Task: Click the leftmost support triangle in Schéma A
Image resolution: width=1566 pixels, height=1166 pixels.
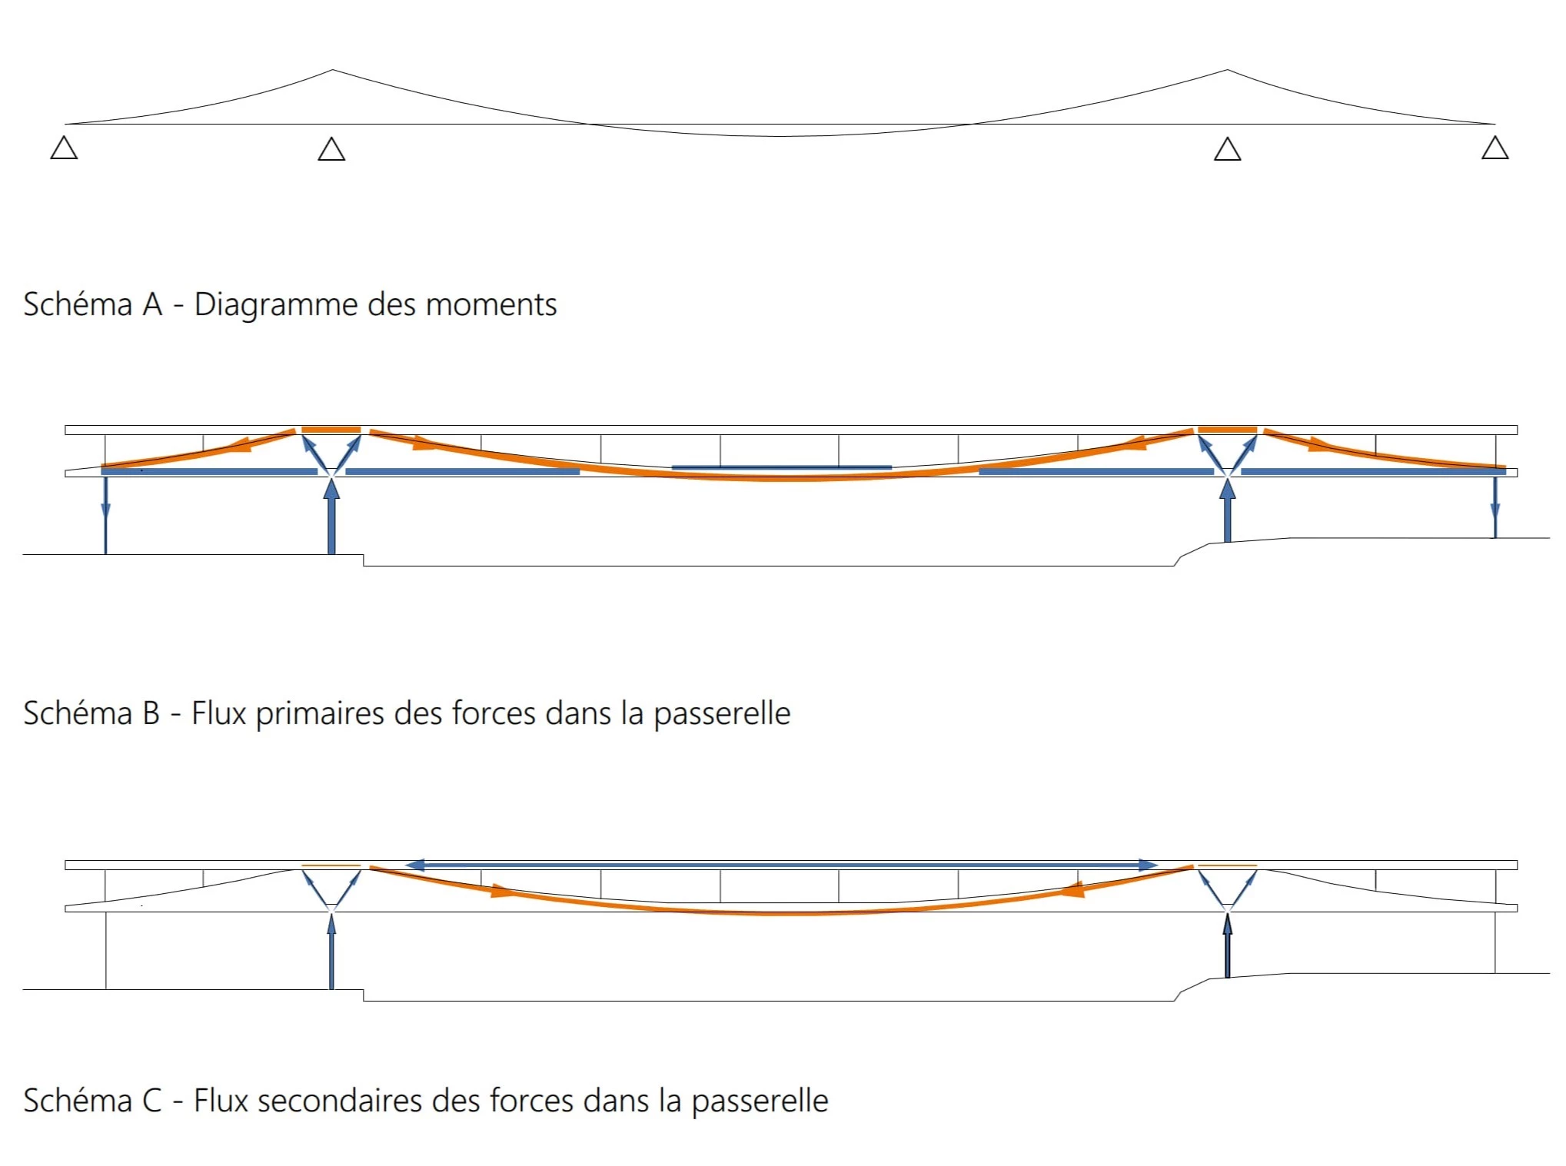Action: pyautogui.click(x=65, y=148)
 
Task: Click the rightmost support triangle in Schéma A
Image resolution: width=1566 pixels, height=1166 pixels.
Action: pyautogui.click(x=1495, y=148)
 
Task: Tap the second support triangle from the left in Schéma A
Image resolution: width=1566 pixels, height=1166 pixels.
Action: pyautogui.click(x=331, y=148)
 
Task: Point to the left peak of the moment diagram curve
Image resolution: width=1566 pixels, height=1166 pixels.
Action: pyautogui.click(x=332, y=70)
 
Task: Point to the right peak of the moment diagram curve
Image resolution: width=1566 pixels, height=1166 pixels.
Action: pyautogui.click(x=1227, y=70)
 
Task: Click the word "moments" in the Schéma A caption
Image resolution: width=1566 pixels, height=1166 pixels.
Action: pyautogui.click(x=491, y=305)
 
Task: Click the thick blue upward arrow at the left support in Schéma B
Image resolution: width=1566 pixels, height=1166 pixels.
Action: pyautogui.click(x=331, y=515)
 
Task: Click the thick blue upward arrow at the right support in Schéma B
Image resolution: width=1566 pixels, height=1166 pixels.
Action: pyautogui.click(x=1227, y=510)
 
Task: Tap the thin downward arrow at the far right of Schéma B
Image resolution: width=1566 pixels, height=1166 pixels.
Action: pyautogui.click(x=1495, y=507)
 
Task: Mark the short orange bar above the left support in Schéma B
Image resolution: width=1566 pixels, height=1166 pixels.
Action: pyautogui.click(x=331, y=430)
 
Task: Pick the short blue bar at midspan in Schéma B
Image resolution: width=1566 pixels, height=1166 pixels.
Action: pyautogui.click(x=781, y=467)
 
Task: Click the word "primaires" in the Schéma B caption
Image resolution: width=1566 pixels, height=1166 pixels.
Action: pyautogui.click(x=321, y=714)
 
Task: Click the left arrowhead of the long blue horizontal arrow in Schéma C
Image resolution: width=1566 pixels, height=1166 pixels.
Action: pyautogui.click(x=416, y=865)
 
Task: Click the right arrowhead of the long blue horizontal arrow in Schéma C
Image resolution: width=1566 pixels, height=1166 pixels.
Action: pyautogui.click(x=1148, y=865)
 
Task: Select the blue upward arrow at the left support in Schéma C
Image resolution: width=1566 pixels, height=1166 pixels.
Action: pyautogui.click(x=331, y=950)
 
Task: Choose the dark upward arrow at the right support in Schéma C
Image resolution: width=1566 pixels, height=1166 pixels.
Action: pyautogui.click(x=1227, y=945)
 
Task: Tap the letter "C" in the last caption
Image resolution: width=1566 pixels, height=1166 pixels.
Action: pyautogui.click(x=152, y=1101)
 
